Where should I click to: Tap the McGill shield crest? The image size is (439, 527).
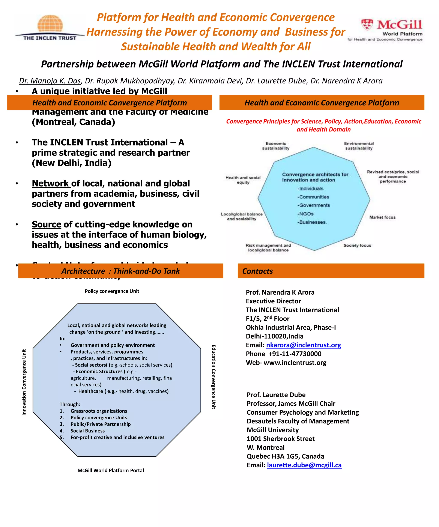(x=367, y=24)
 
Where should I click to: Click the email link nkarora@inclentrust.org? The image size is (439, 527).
(x=303, y=345)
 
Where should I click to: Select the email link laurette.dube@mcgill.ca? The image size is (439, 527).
(x=304, y=465)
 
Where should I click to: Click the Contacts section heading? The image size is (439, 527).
(x=257, y=271)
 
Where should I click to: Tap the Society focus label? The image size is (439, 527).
(x=357, y=245)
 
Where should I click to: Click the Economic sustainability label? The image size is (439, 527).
(x=276, y=146)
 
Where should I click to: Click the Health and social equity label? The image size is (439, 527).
(x=243, y=180)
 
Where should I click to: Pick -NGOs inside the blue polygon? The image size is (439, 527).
(x=305, y=214)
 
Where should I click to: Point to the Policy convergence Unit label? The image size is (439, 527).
(x=112, y=291)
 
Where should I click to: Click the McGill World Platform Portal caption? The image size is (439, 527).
(x=111, y=470)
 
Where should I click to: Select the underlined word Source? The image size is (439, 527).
(x=47, y=224)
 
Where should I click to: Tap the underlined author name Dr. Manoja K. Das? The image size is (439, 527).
(x=50, y=81)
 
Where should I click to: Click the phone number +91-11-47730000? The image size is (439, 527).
(x=295, y=354)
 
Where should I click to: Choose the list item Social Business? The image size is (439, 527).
(x=87, y=431)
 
